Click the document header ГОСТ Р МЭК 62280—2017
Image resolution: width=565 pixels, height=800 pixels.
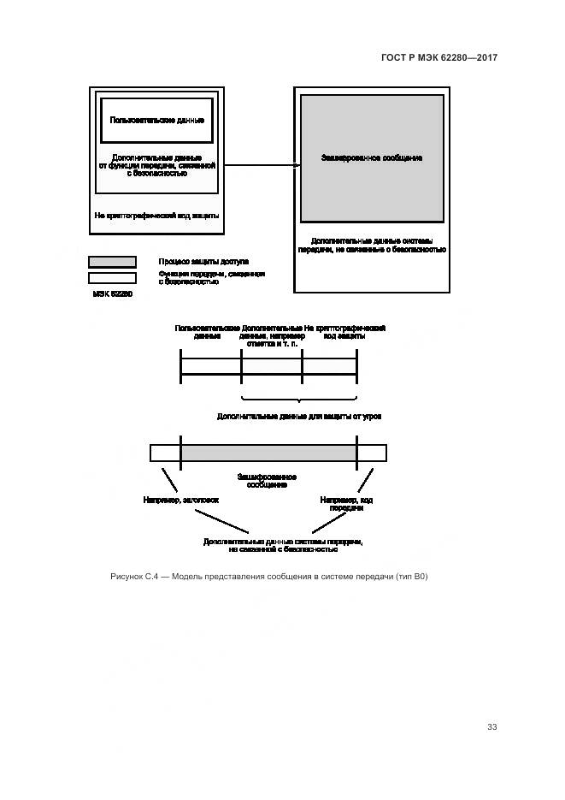(438, 57)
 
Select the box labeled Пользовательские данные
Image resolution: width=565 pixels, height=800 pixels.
(156, 120)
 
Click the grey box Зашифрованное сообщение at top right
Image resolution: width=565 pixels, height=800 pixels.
(371, 158)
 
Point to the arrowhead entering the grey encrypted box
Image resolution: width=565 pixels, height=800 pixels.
(296, 164)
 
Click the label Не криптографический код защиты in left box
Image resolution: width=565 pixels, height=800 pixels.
(156, 216)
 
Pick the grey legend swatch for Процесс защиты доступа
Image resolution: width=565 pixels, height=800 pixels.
(112, 262)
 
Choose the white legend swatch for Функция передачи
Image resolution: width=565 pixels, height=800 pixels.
(112, 277)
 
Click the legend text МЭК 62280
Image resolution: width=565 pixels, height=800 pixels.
(113, 293)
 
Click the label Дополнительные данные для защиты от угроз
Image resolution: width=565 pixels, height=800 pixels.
(298, 416)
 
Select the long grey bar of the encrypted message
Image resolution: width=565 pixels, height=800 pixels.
(268, 453)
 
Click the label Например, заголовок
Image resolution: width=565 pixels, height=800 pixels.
(181, 499)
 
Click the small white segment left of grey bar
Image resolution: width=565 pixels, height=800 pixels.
(165, 453)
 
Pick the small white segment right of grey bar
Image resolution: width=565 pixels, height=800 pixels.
(371, 453)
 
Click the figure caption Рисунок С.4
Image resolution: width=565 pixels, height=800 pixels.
(268, 577)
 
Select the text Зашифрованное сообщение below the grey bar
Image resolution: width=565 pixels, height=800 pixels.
(266, 481)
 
